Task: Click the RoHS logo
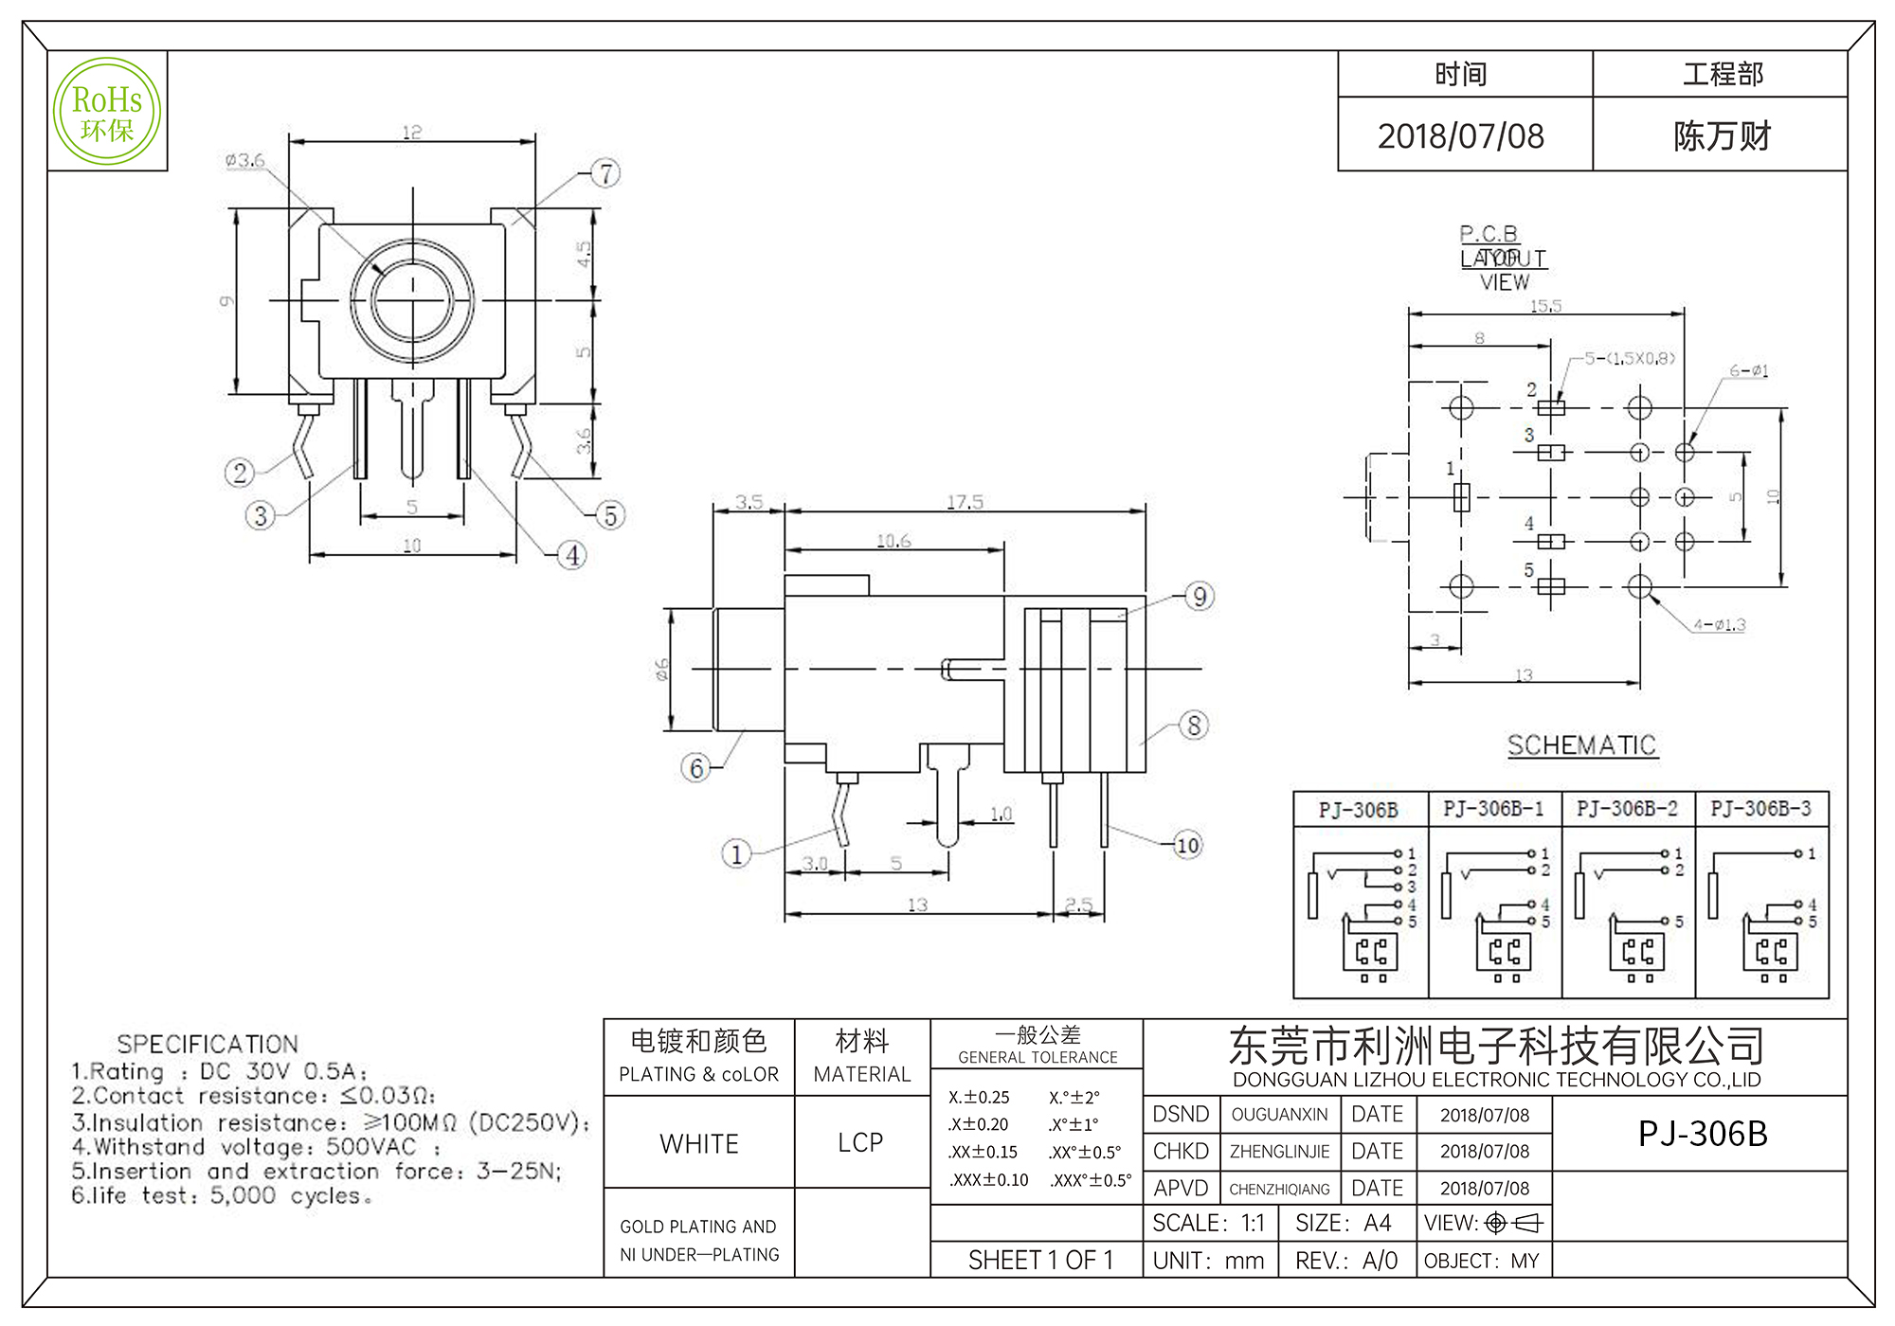pyautogui.click(x=107, y=112)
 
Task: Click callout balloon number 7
pyautogui.click(x=605, y=173)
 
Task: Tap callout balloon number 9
pyautogui.click(x=1200, y=597)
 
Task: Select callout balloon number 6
pyautogui.click(x=696, y=768)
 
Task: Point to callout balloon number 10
pyautogui.click(x=1187, y=845)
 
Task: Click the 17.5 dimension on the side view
pyautogui.click(x=965, y=502)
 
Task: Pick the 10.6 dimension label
pyautogui.click(x=893, y=541)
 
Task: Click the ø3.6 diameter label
pyautogui.click(x=244, y=160)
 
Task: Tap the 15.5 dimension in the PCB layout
pyautogui.click(x=1545, y=306)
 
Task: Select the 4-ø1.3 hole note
pyautogui.click(x=1719, y=625)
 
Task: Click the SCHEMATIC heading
pyautogui.click(x=1581, y=745)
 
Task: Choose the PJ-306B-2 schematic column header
pyautogui.click(x=1627, y=809)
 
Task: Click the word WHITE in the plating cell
pyautogui.click(x=699, y=1144)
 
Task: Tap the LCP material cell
pyautogui.click(x=860, y=1143)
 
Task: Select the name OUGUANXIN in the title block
pyautogui.click(x=1279, y=1115)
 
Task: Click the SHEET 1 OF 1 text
pyautogui.click(x=1040, y=1261)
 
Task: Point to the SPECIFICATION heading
pyautogui.click(x=208, y=1045)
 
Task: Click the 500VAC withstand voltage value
pyautogui.click(x=370, y=1147)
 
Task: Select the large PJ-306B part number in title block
pyautogui.click(x=1703, y=1134)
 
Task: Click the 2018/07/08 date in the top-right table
pyautogui.click(x=1460, y=136)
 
